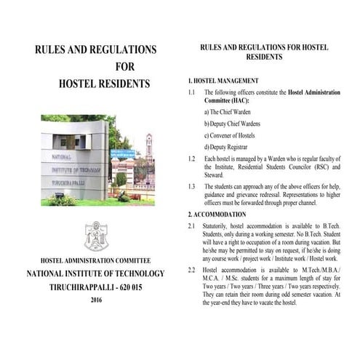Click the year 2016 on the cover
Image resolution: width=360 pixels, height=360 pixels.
[x=96, y=300]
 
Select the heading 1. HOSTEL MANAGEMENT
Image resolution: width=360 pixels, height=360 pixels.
[x=223, y=80]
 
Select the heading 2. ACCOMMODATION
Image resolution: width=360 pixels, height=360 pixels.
[x=217, y=215]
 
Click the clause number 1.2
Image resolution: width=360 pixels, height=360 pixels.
[x=191, y=158]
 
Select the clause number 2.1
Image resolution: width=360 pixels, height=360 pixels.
[x=191, y=227]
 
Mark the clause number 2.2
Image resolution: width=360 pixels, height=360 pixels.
[x=191, y=270]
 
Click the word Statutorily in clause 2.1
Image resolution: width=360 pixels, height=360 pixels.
[x=221, y=227]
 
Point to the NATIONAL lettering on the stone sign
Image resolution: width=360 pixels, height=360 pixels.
[x=62, y=156]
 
